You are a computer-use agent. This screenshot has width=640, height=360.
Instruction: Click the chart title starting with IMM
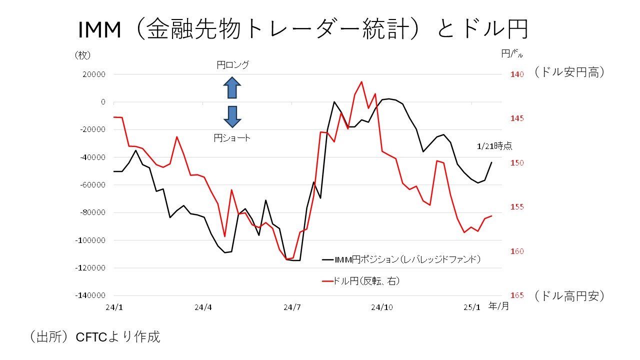click(x=303, y=30)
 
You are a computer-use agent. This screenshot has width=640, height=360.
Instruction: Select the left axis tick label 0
click(x=103, y=102)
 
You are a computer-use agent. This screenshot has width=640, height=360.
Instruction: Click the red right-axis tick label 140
click(x=516, y=74)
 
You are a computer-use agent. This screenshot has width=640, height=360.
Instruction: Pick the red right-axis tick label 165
click(x=516, y=295)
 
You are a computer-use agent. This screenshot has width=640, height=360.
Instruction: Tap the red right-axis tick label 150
click(x=516, y=163)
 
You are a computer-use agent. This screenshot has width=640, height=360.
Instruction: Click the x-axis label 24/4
click(x=203, y=307)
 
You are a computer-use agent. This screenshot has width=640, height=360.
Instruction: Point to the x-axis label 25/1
click(x=470, y=307)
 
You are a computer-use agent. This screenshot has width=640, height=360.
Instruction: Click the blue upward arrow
click(x=232, y=87)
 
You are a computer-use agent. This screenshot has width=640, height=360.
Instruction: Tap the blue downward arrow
click(x=232, y=116)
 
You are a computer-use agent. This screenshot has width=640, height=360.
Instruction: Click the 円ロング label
click(x=232, y=65)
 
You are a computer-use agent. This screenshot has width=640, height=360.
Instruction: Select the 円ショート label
click(x=232, y=138)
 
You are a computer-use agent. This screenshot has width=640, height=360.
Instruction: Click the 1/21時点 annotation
click(x=494, y=146)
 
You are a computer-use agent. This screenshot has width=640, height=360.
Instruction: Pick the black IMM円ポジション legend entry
click(x=401, y=259)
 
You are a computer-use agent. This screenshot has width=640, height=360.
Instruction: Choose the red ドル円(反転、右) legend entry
click(x=361, y=281)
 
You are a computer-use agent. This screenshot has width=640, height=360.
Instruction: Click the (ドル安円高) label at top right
click(x=569, y=72)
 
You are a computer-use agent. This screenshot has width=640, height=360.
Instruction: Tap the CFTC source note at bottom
click(x=95, y=337)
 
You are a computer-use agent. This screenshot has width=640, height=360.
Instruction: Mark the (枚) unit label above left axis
click(x=82, y=55)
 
